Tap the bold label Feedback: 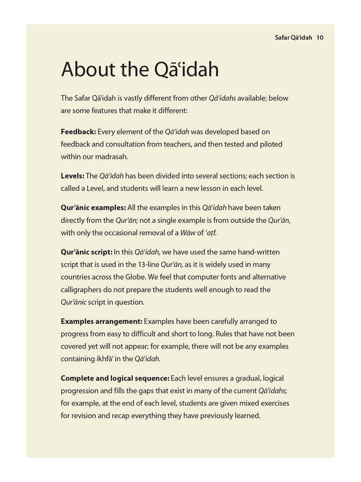(x=78, y=132)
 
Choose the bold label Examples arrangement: (x=101, y=321)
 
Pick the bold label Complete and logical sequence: (x=115, y=378)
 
